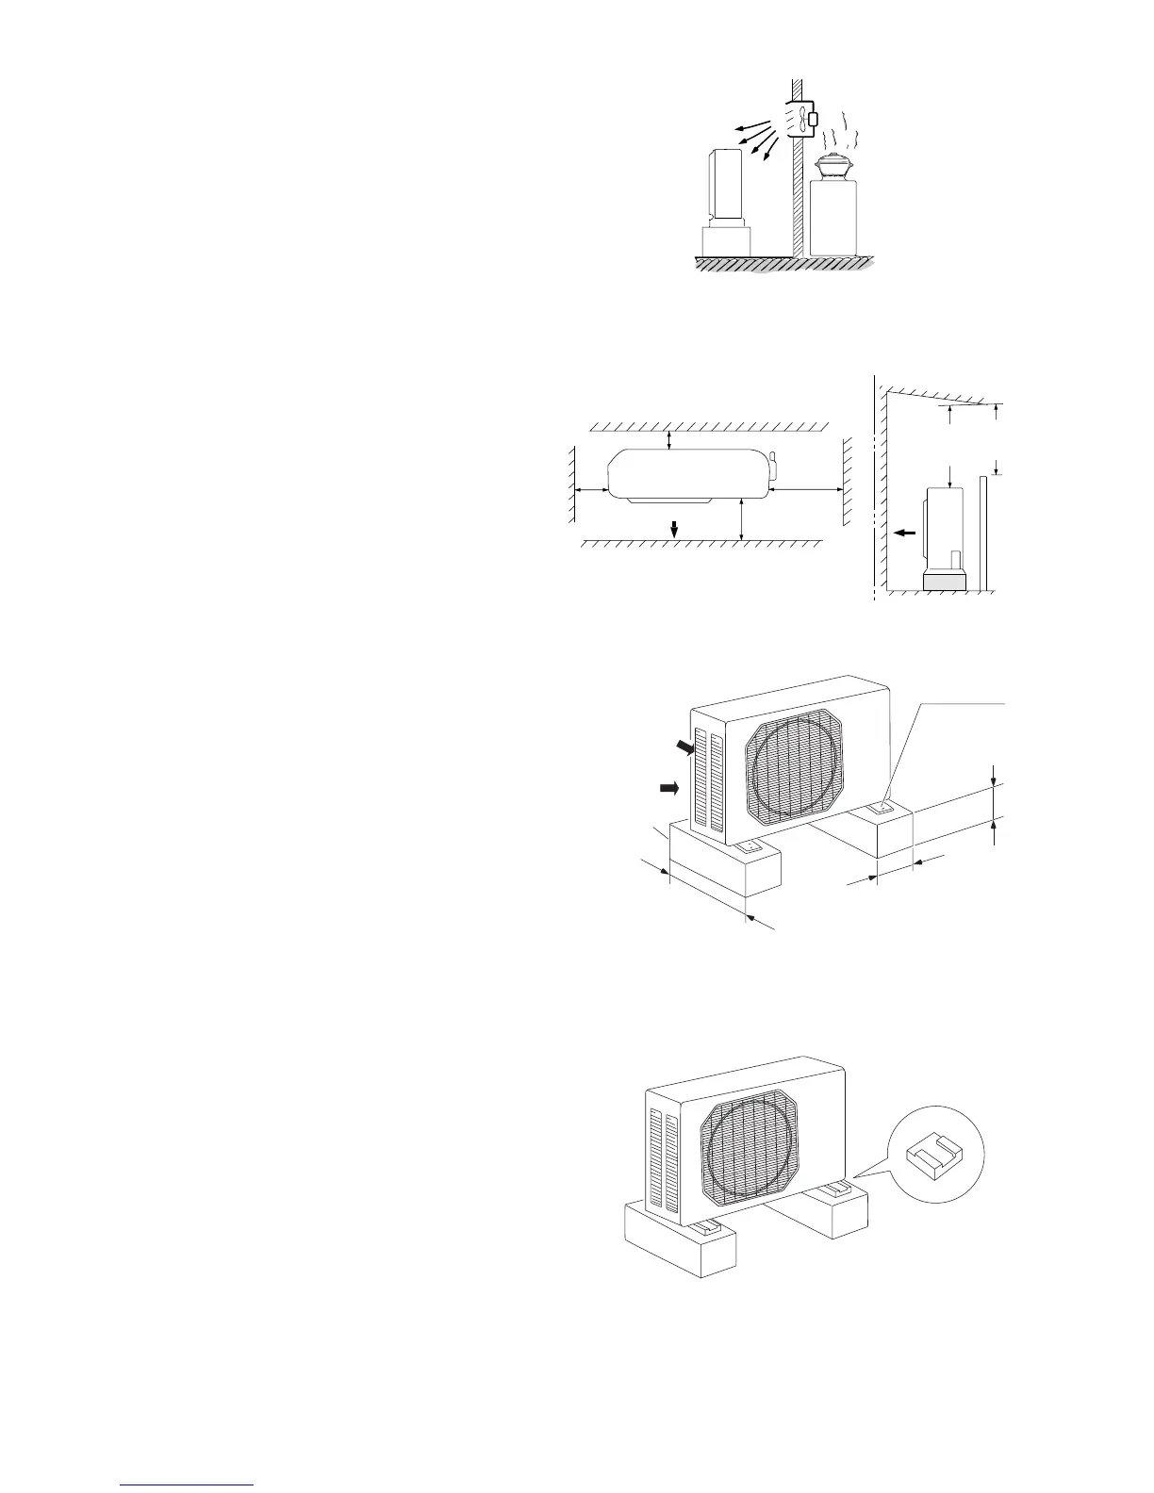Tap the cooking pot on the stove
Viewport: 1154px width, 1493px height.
tap(833, 167)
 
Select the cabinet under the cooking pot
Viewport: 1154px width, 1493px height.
tap(833, 217)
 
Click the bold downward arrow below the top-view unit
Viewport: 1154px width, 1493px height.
tap(673, 528)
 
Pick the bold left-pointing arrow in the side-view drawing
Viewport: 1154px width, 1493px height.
tap(904, 533)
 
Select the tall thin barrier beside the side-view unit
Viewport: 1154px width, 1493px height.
tap(982, 533)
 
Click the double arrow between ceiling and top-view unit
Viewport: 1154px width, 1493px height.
tap(669, 439)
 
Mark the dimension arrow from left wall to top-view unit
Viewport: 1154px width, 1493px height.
tap(592, 490)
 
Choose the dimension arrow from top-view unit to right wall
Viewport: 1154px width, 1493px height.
tap(806, 490)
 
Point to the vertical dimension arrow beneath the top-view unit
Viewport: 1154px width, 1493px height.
tap(743, 520)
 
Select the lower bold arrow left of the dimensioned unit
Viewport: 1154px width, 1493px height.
tap(669, 788)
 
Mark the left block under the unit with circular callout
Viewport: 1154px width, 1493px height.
tap(680, 1241)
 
